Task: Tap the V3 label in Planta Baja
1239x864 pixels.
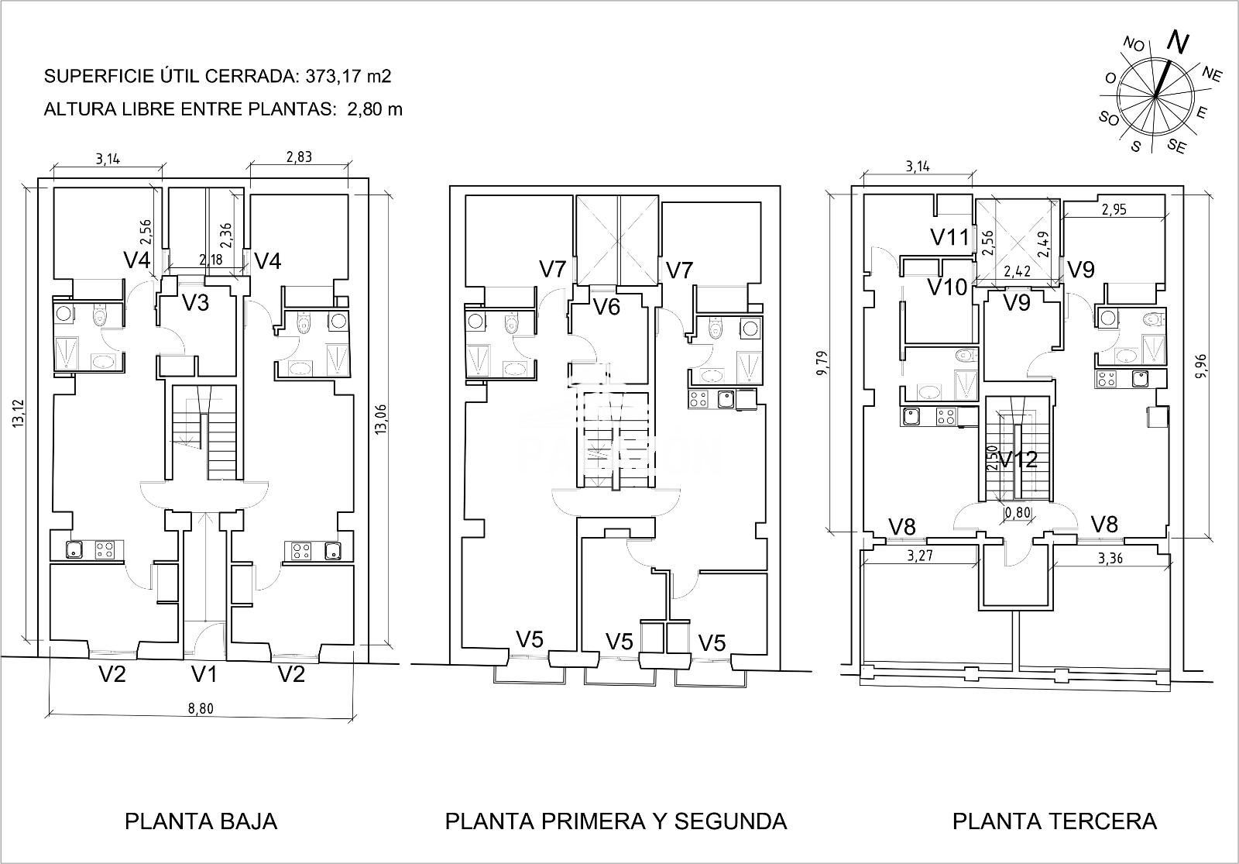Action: (196, 303)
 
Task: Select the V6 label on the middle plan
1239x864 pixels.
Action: (607, 306)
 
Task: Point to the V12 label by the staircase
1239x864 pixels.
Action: (1018, 460)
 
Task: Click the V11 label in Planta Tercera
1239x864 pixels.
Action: (950, 237)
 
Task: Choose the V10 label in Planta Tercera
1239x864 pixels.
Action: (948, 287)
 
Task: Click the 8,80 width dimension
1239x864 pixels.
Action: (201, 708)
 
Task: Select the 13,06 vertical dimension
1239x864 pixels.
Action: (380, 419)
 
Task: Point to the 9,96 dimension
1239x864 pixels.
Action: (1200, 367)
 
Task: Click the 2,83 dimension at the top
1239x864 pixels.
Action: (299, 157)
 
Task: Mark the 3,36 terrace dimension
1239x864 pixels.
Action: (1110, 559)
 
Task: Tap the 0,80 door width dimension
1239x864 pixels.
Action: (1018, 512)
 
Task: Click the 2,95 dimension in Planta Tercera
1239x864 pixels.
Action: (1114, 209)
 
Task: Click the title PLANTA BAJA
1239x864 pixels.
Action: (201, 821)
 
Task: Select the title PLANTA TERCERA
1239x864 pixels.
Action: (1054, 821)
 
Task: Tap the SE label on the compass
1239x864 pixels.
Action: (1176, 146)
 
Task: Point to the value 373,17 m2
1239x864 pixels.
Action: (348, 76)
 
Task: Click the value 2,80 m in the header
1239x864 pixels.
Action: (375, 109)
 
